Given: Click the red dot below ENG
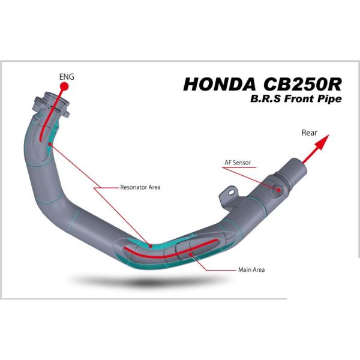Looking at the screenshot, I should click(64, 87).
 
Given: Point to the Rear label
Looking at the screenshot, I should click(309, 133).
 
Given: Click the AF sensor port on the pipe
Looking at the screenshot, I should click(279, 190).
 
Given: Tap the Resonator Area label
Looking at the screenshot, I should click(140, 187).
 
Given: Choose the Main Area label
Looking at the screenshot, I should click(251, 269).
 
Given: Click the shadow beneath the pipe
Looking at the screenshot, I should click(144, 280).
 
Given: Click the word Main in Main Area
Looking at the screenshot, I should click(244, 269).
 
